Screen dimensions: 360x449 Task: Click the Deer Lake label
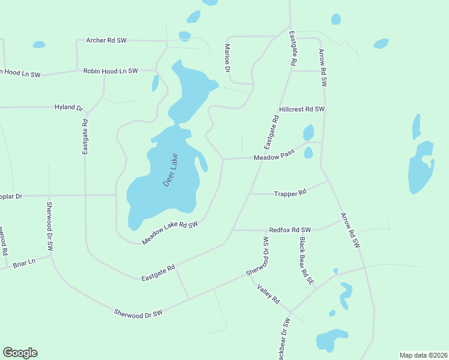pos(171,170)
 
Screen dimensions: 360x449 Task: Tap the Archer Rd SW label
pos(106,40)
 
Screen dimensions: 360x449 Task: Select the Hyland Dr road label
pos(68,107)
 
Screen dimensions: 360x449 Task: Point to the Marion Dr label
pos(228,58)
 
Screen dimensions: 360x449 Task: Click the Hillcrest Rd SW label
pos(302,109)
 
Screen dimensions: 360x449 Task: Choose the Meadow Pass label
pos(274,156)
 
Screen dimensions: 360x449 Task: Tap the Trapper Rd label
pos(290,193)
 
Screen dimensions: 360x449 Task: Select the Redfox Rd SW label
pos(290,230)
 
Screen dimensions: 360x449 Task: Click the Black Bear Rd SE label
pos(307,260)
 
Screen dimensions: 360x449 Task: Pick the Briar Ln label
pos(24,262)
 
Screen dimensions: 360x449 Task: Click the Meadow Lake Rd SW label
pos(170,233)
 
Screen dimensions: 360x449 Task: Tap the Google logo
pos(20,353)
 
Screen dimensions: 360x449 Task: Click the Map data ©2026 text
pos(423,355)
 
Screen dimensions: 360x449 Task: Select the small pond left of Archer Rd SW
pos(39,44)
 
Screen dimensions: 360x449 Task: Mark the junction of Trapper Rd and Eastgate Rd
pos(250,194)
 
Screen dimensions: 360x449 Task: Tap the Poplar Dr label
pos(11,196)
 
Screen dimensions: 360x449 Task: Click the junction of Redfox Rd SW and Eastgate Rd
pos(232,230)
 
